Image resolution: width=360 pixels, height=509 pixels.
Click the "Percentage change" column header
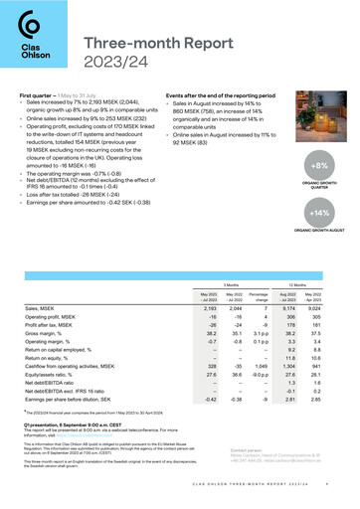271,272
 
